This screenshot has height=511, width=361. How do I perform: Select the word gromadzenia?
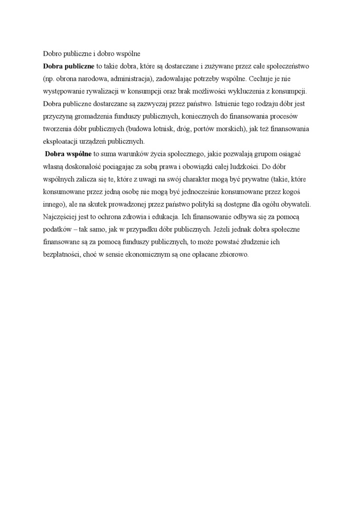[x=96, y=116]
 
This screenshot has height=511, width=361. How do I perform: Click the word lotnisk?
[x=161, y=128]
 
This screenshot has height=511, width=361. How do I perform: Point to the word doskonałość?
[x=84, y=166]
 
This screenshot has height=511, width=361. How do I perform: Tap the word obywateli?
[x=295, y=204]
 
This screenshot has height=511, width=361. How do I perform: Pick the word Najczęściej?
[x=60, y=217]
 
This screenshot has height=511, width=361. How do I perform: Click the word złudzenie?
[x=246, y=242]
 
